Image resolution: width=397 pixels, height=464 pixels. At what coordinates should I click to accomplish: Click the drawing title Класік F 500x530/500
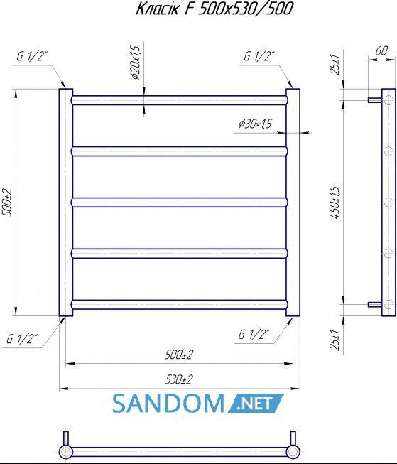[214, 9]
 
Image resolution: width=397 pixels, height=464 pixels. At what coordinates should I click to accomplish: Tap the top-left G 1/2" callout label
[32, 56]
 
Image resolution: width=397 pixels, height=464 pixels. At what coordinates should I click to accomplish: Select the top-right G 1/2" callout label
[259, 56]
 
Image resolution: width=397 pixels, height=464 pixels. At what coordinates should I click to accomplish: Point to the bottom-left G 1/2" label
[22, 338]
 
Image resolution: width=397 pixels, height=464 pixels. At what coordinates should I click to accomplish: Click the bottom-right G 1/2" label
[254, 335]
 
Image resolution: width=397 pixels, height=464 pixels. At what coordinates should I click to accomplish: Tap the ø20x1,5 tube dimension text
[135, 63]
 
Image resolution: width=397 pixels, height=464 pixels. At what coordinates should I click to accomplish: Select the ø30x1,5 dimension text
[255, 124]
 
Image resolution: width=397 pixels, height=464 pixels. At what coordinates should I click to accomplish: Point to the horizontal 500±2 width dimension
[179, 354]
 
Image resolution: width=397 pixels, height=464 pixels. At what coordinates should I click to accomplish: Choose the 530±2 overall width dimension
[179, 379]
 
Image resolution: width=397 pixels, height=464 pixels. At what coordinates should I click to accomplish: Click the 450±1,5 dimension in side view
[335, 203]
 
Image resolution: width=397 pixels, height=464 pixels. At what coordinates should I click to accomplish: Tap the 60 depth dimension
[381, 51]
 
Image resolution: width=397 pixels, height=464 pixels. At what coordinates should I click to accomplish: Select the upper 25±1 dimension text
[335, 65]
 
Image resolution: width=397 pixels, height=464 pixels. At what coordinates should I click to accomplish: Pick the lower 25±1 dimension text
[335, 340]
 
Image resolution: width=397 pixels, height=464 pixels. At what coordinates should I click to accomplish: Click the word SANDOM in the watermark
[168, 404]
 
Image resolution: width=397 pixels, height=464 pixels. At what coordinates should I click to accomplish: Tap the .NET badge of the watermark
[256, 404]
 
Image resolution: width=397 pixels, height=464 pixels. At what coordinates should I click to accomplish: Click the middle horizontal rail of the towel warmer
[180, 203]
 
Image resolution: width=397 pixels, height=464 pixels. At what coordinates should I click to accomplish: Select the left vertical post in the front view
[65, 203]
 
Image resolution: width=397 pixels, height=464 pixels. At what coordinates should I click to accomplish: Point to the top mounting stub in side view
[375, 100]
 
